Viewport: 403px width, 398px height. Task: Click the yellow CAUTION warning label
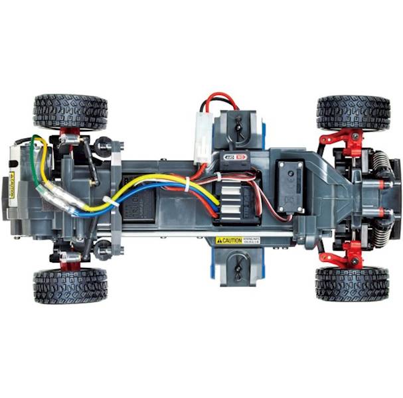(x=228, y=241)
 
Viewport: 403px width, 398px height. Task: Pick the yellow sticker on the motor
(x=11, y=185)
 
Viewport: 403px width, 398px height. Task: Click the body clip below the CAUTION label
(x=238, y=269)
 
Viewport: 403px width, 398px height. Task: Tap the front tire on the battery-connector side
(x=353, y=113)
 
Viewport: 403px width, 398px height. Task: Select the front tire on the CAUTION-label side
(x=353, y=284)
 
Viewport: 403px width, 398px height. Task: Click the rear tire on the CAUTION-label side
(x=70, y=285)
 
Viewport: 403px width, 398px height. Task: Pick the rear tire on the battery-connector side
(x=70, y=111)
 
